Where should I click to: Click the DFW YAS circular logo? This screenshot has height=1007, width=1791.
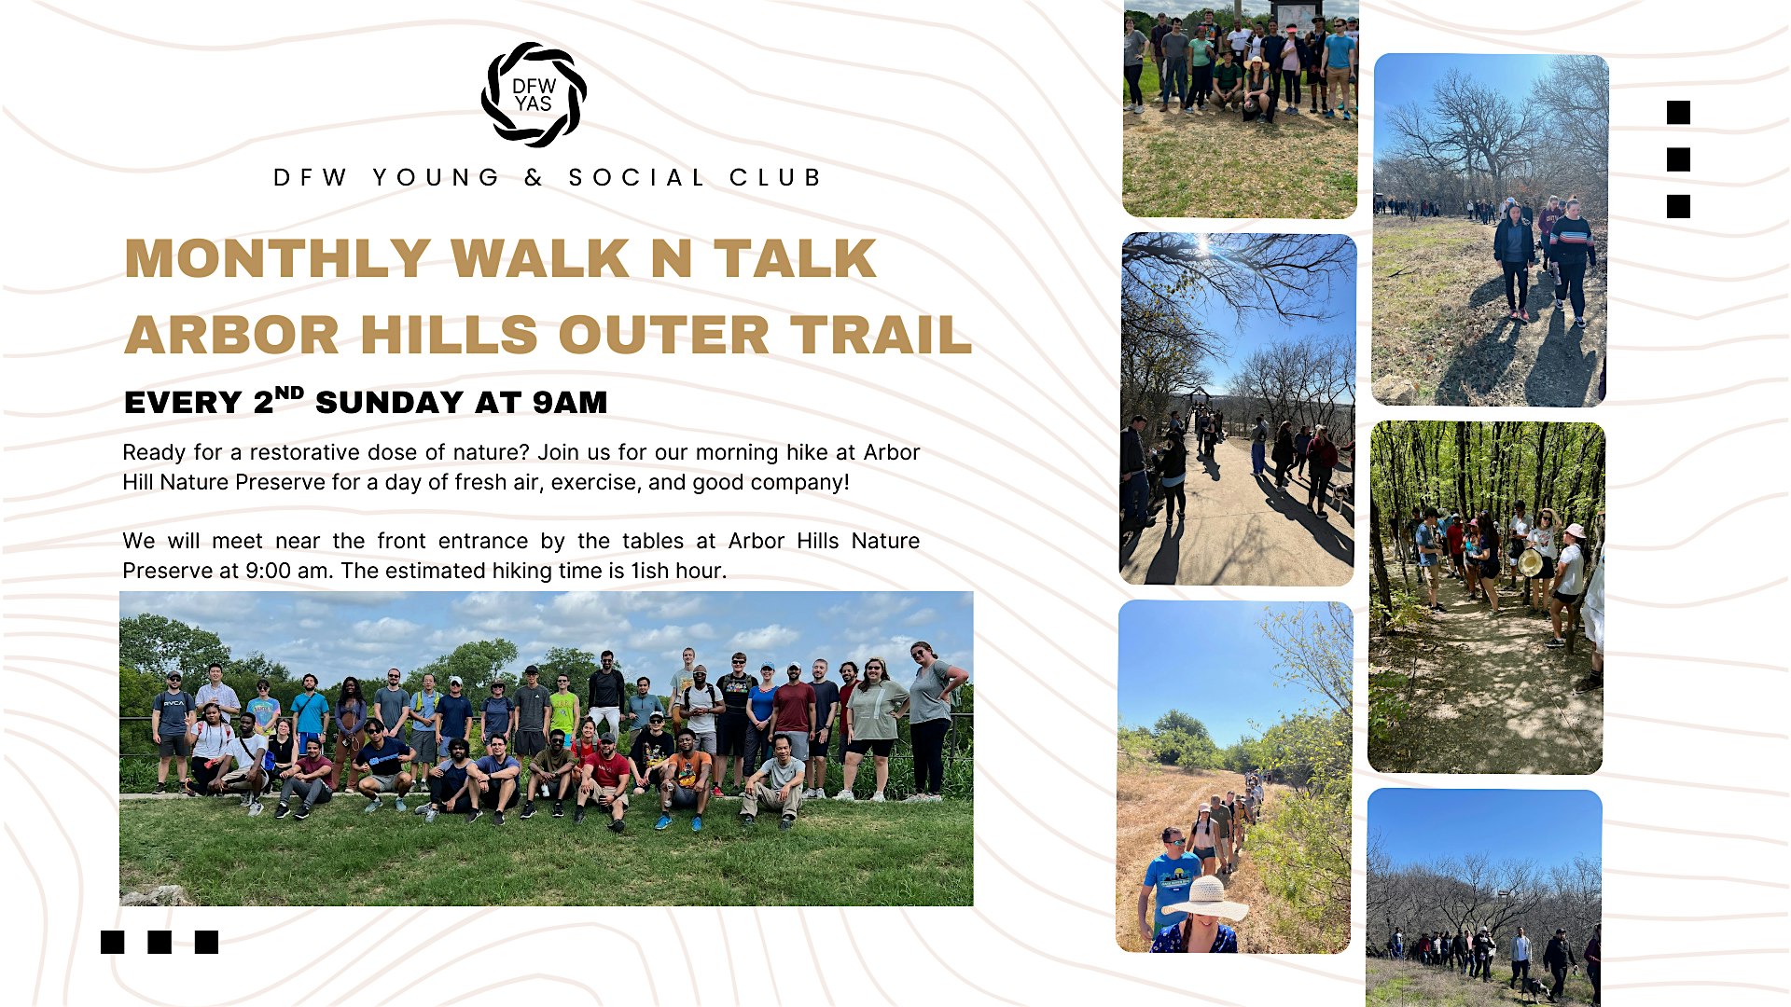click(534, 94)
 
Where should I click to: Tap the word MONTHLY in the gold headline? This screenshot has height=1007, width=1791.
click(277, 258)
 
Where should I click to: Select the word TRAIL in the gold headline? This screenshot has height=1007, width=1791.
click(881, 335)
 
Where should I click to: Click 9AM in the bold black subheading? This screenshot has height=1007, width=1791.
click(569, 402)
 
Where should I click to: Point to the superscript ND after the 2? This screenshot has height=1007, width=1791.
click(289, 393)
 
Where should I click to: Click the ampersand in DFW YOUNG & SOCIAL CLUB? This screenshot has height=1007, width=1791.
click(534, 177)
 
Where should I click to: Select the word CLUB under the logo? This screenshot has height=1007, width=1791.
click(775, 177)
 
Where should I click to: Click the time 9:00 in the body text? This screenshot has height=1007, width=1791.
click(269, 571)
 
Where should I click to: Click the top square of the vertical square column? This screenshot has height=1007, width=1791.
click(1678, 113)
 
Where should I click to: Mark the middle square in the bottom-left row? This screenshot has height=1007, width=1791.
click(160, 942)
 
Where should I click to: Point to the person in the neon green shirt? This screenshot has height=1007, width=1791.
click(563, 716)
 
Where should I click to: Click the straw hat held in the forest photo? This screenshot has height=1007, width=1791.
click(1530, 562)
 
